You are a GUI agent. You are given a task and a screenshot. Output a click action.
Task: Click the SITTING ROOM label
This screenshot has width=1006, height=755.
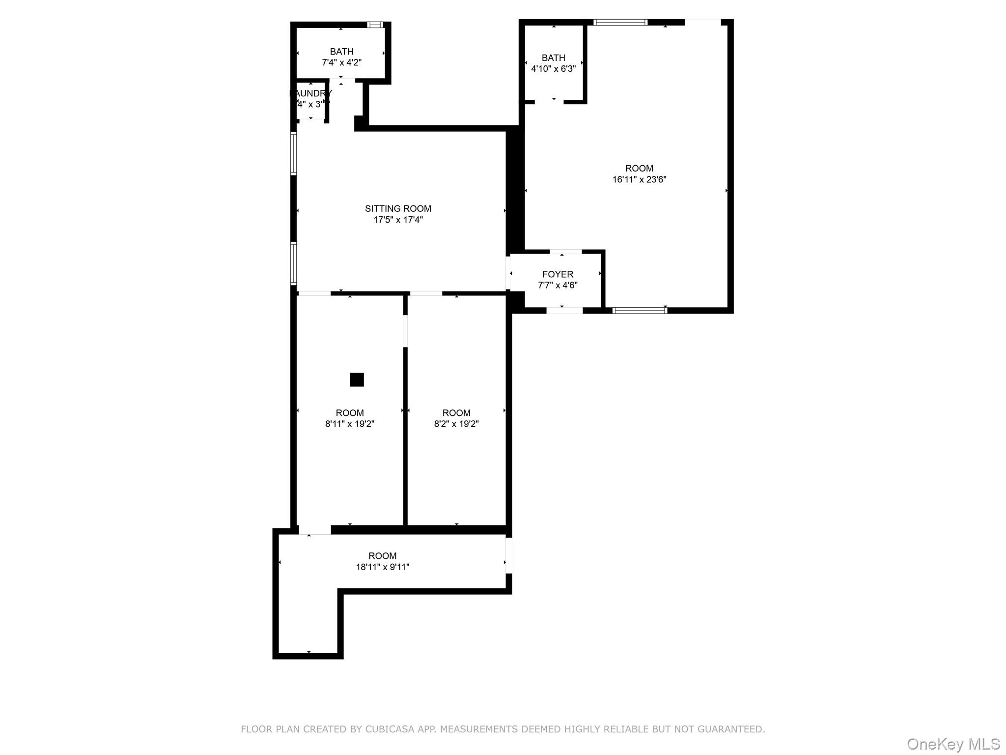(x=398, y=208)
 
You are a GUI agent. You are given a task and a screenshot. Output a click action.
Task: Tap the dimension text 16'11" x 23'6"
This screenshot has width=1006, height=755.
(x=639, y=179)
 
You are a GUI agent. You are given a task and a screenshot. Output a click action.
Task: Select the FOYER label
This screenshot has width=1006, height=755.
(x=558, y=274)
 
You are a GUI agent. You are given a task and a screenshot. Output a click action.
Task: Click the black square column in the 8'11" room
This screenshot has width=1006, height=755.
(x=357, y=379)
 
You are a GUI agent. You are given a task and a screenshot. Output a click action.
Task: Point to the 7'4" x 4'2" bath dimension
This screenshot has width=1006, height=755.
(x=341, y=62)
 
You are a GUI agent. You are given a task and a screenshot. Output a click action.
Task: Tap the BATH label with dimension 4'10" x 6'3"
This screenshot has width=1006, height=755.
(x=553, y=58)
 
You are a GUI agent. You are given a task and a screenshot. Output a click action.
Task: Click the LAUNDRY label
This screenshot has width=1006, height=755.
(x=310, y=93)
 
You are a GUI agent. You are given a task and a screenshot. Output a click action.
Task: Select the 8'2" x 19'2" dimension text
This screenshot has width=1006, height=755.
(x=456, y=424)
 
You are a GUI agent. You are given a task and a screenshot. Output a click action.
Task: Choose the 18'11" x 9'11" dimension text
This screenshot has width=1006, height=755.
(x=382, y=567)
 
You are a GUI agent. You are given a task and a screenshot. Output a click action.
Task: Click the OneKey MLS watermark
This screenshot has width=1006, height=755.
(x=953, y=744)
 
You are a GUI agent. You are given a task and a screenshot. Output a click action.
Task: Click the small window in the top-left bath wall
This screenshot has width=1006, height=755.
(x=376, y=25)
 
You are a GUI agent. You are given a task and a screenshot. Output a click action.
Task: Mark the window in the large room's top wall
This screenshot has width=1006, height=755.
(x=620, y=22)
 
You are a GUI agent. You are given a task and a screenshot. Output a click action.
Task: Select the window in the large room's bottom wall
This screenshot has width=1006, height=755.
(x=640, y=310)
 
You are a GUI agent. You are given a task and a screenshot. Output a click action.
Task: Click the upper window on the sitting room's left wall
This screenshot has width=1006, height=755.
(x=293, y=153)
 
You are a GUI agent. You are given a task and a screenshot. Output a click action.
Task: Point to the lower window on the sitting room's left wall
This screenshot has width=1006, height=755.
(x=293, y=263)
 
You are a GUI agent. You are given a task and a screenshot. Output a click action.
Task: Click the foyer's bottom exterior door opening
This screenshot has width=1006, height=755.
(x=564, y=310)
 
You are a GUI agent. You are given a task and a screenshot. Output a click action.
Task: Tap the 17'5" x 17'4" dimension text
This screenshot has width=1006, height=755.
(x=398, y=220)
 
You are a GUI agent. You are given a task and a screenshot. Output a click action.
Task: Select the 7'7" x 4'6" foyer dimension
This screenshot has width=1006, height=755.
(x=558, y=285)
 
